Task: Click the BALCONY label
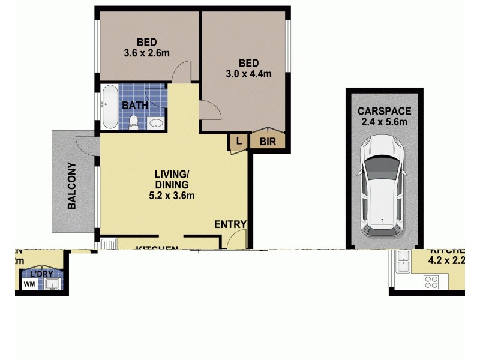click(x=72, y=186)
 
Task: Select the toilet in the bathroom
click(x=134, y=122)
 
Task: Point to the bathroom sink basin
click(x=155, y=124)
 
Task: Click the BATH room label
click(x=135, y=106)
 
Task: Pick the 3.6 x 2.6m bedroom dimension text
click(x=147, y=53)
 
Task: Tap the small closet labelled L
click(x=238, y=142)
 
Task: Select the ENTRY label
click(x=230, y=224)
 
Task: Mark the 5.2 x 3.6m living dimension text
click(x=172, y=195)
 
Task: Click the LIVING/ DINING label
click(x=172, y=179)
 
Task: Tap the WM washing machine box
click(x=29, y=284)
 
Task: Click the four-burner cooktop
click(x=432, y=281)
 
